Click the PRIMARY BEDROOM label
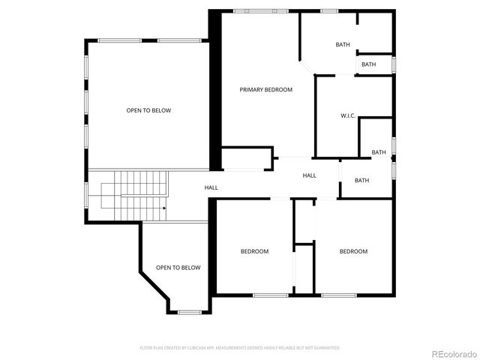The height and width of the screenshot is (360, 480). click(265, 90)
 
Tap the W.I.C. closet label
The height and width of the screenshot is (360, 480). click(347, 115)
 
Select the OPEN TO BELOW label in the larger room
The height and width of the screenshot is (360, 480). click(148, 111)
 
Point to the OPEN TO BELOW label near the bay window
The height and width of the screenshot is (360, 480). click(178, 268)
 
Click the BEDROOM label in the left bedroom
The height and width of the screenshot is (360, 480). click(254, 251)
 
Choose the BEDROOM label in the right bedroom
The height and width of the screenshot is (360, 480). click(353, 251)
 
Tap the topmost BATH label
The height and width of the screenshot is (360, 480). click(343, 45)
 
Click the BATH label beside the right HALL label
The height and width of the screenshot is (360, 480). click(362, 180)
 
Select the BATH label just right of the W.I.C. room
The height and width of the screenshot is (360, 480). click(379, 152)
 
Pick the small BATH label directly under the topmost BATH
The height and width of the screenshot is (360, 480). click(369, 64)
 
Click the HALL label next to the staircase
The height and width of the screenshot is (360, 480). click(211, 187)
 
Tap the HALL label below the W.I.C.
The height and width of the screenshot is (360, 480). click(309, 175)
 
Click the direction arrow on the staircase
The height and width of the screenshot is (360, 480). click(162, 208)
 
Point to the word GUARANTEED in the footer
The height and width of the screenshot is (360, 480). click(324, 348)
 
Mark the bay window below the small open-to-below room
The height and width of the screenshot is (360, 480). click(188, 311)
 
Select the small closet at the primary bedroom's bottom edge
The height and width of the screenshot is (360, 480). click(246, 158)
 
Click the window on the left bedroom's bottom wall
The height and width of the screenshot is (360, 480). click(271, 295)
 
